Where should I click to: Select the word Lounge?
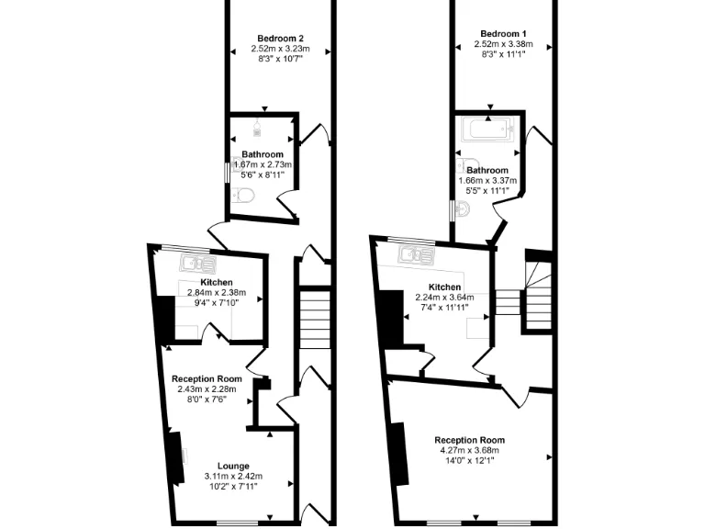tap(233, 466)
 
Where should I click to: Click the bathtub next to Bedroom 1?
tap(487, 129)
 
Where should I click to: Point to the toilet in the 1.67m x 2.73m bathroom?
tap(241, 194)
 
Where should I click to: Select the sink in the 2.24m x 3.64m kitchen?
tap(415, 253)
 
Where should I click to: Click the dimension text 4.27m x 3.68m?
tap(469, 451)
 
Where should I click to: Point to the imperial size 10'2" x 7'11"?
tap(233, 487)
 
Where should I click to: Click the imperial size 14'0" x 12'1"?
tap(469, 461)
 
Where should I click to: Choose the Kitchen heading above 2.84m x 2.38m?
tap(217, 282)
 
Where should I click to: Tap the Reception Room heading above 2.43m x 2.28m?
tap(207, 378)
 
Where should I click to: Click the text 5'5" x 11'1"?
tap(487, 192)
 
